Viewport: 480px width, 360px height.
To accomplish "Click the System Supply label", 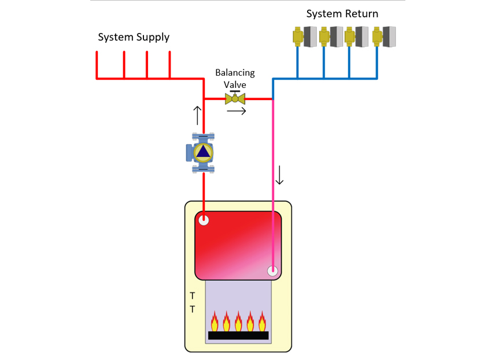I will click(x=134, y=38).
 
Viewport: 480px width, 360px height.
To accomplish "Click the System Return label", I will click(x=342, y=14).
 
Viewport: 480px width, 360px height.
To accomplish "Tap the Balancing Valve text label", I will click(x=235, y=79).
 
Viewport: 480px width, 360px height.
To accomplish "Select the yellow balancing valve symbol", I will click(x=235, y=99).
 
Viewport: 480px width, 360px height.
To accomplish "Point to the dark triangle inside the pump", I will click(x=203, y=152).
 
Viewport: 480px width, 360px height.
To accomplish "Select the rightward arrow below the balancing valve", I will click(x=237, y=111).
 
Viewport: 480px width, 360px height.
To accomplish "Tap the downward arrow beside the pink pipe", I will click(x=280, y=175).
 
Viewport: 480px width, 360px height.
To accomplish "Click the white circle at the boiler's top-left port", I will click(x=204, y=220).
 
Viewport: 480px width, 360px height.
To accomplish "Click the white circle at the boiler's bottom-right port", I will click(x=273, y=270).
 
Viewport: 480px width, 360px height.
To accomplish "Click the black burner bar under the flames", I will click(x=238, y=335).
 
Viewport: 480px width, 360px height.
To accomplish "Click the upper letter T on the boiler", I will click(x=193, y=296).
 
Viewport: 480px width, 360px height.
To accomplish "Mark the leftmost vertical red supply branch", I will click(x=97, y=64).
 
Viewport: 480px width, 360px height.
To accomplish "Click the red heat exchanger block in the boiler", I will click(x=237, y=243).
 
